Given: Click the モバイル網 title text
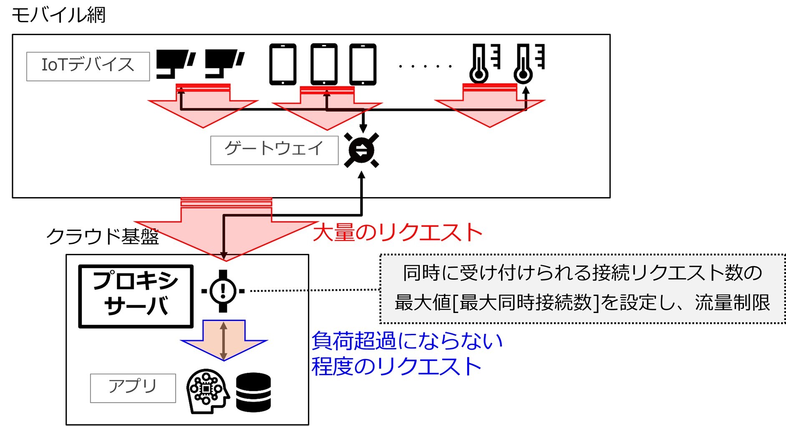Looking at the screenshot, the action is coord(58,15).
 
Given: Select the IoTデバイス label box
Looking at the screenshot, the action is coord(88,66).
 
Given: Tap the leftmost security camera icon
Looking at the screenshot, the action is coord(176,64).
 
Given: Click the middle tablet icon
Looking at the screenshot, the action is coord(324,64).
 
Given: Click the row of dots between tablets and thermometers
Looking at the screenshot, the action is coord(425,66).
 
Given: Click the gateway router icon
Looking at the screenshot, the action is coord(361,150).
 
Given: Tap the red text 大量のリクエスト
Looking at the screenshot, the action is coord(398,232).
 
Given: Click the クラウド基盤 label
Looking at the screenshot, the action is coord(103,236).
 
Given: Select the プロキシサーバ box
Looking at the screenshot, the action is coord(136,296).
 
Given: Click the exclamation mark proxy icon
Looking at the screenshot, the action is coord(223,291).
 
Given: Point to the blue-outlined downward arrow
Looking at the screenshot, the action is coord(224,339).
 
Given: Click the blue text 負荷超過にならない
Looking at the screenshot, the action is coord(407,341).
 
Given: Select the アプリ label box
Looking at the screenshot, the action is coord(133,388).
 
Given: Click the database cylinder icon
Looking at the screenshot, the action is coord(253,392).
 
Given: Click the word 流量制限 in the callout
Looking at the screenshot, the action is coord(732,302).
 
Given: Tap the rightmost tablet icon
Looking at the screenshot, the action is coord(363,64).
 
